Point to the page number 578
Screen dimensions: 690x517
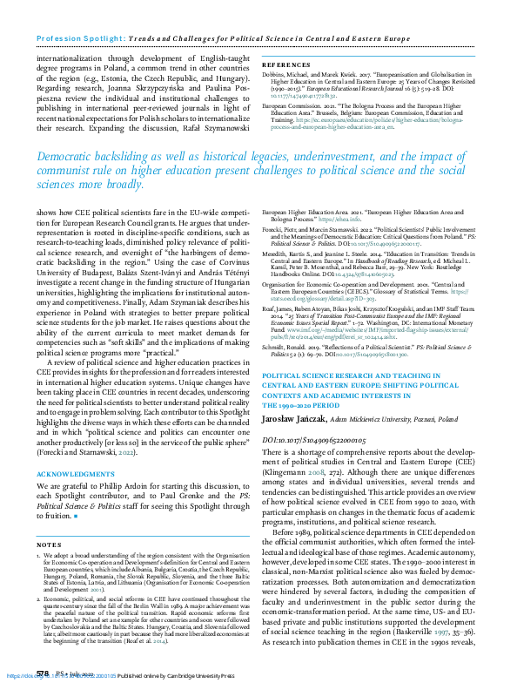point(42,674)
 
